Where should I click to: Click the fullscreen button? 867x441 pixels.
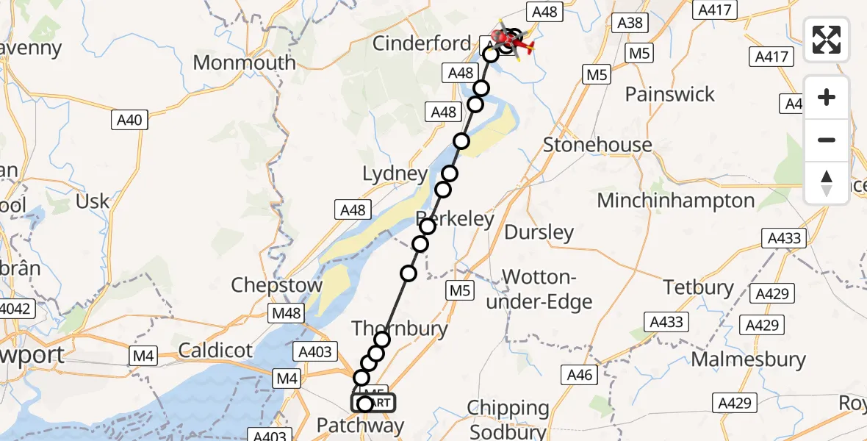click(x=827, y=39)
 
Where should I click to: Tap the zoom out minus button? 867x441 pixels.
click(x=827, y=140)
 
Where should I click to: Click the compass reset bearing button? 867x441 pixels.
click(x=827, y=182)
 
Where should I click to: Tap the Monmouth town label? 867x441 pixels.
click(x=244, y=62)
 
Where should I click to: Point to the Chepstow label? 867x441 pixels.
click(x=276, y=285)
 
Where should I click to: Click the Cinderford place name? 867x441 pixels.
click(x=421, y=43)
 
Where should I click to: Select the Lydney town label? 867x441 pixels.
click(x=395, y=174)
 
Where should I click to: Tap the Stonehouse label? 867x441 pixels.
click(x=597, y=145)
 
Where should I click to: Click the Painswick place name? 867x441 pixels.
click(x=669, y=94)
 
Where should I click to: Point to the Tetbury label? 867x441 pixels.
click(x=699, y=287)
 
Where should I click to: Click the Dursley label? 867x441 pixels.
click(x=539, y=233)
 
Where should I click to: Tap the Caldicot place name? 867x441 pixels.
click(x=215, y=350)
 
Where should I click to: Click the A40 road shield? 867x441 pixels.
click(x=129, y=120)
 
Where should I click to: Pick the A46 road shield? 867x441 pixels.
click(x=579, y=376)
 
